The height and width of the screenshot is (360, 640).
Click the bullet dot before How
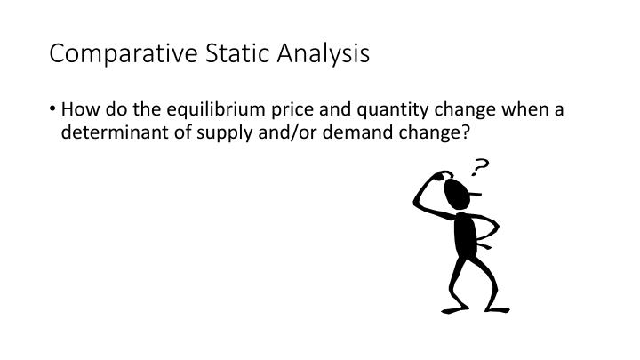[x=54, y=110]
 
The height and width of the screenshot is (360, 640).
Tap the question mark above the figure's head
[x=481, y=168]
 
